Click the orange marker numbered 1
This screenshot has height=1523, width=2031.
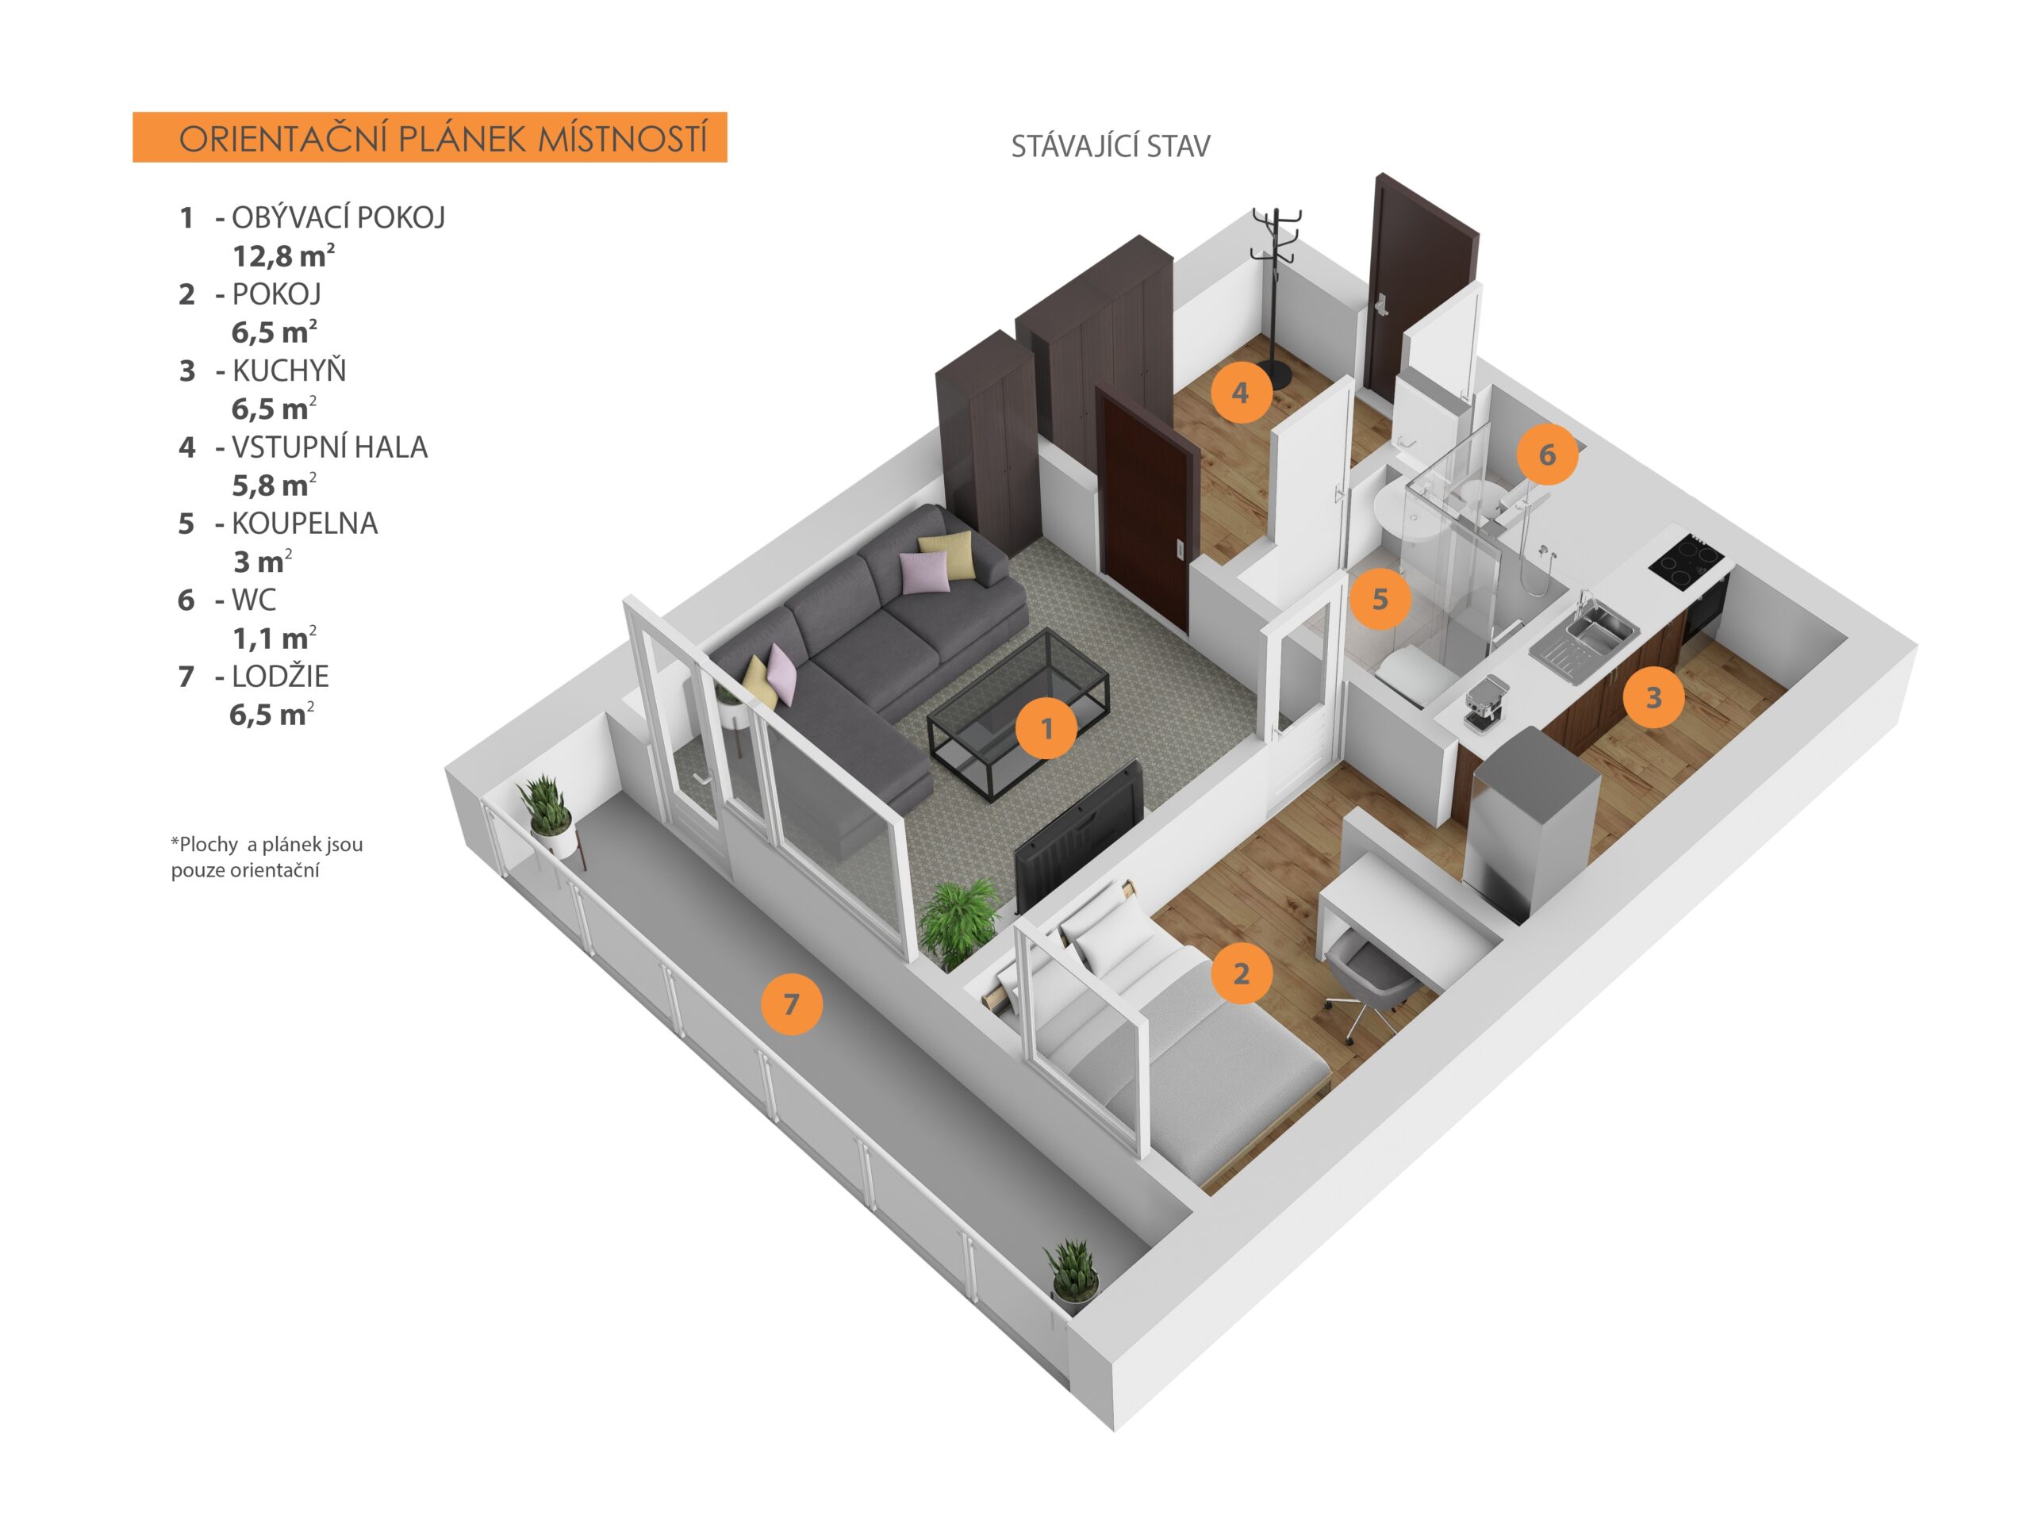tap(1046, 728)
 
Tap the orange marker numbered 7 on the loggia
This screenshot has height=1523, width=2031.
tap(790, 1004)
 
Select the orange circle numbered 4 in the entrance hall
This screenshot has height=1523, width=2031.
tap(1241, 393)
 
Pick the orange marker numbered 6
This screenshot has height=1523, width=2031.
tap(1547, 455)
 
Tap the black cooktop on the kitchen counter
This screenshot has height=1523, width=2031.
tap(1685, 560)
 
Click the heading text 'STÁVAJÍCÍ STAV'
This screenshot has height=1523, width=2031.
tap(1110, 147)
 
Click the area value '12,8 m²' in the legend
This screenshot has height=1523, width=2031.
tap(282, 255)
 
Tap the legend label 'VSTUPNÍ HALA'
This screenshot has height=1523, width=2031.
tap(328, 447)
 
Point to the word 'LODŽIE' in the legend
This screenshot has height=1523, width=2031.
tap(279, 677)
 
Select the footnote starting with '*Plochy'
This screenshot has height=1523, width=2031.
tap(267, 857)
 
